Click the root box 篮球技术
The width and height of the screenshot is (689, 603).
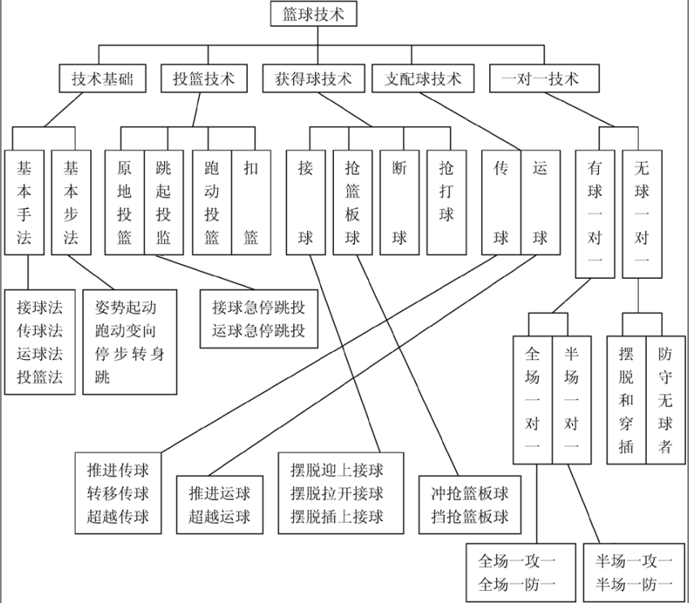(x=312, y=15)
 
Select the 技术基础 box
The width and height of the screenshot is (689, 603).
(x=102, y=79)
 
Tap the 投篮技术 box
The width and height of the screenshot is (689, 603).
(x=204, y=79)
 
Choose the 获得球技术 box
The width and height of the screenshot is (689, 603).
(x=313, y=79)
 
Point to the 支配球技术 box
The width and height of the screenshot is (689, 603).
(x=422, y=79)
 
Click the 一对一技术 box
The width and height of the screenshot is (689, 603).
(x=545, y=79)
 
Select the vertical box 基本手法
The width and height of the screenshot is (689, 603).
(x=25, y=203)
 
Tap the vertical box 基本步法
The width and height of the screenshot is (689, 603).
(x=71, y=203)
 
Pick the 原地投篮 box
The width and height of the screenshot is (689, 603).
(x=124, y=203)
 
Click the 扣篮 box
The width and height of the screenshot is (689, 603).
(x=251, y=203)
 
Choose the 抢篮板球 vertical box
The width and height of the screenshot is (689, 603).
(x=352, y=203)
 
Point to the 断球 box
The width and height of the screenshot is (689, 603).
(x=399, y=203)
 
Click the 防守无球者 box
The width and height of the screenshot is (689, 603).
(x=665, y=400)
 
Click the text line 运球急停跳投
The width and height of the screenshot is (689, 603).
(x=259, y=331)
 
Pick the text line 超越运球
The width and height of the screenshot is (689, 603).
(x=219, y=516)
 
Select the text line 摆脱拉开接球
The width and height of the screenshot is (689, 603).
(x=336, y=493)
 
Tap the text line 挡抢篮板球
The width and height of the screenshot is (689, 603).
(x=470, y=516)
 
